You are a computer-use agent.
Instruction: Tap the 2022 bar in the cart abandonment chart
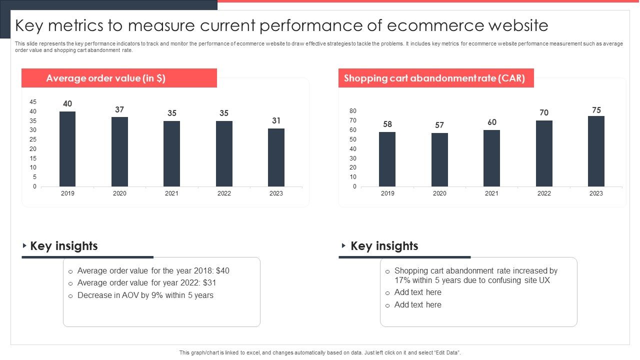pyautogui.click(x=544, y=153)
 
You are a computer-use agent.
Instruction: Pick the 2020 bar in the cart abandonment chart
pyautogui.click(x=439, y=159)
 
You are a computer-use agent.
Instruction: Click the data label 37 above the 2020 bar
pyautogui.click(x=119, y=109)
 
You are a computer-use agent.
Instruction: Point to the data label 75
pyautogui.click(x=596, y=110)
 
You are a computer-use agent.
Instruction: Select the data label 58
pyautogui.click(x=387, y=124)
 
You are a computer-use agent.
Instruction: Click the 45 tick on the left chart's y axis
pyautogui.click(x=33, y=102)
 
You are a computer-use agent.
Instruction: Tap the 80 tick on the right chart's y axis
pyautogui.click(x=353, y=111)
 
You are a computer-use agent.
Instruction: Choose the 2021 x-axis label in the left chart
pyautogui.click(x=171, y=193)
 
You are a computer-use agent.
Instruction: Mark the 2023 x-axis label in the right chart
pyautogui.click(x=596, y=193)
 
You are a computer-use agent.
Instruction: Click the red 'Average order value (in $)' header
pyautogui.click(x=119, y=78)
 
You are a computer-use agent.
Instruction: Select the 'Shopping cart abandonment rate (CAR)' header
pyautogui.click(x=435, y=78)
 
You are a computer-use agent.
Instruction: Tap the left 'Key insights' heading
pyautogui.click(x=64, y=246)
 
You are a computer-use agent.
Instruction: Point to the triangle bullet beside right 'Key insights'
pyautogui.click(x=343, y=245)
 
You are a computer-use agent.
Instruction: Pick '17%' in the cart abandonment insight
pyautogui.click(x=402, y=280)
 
